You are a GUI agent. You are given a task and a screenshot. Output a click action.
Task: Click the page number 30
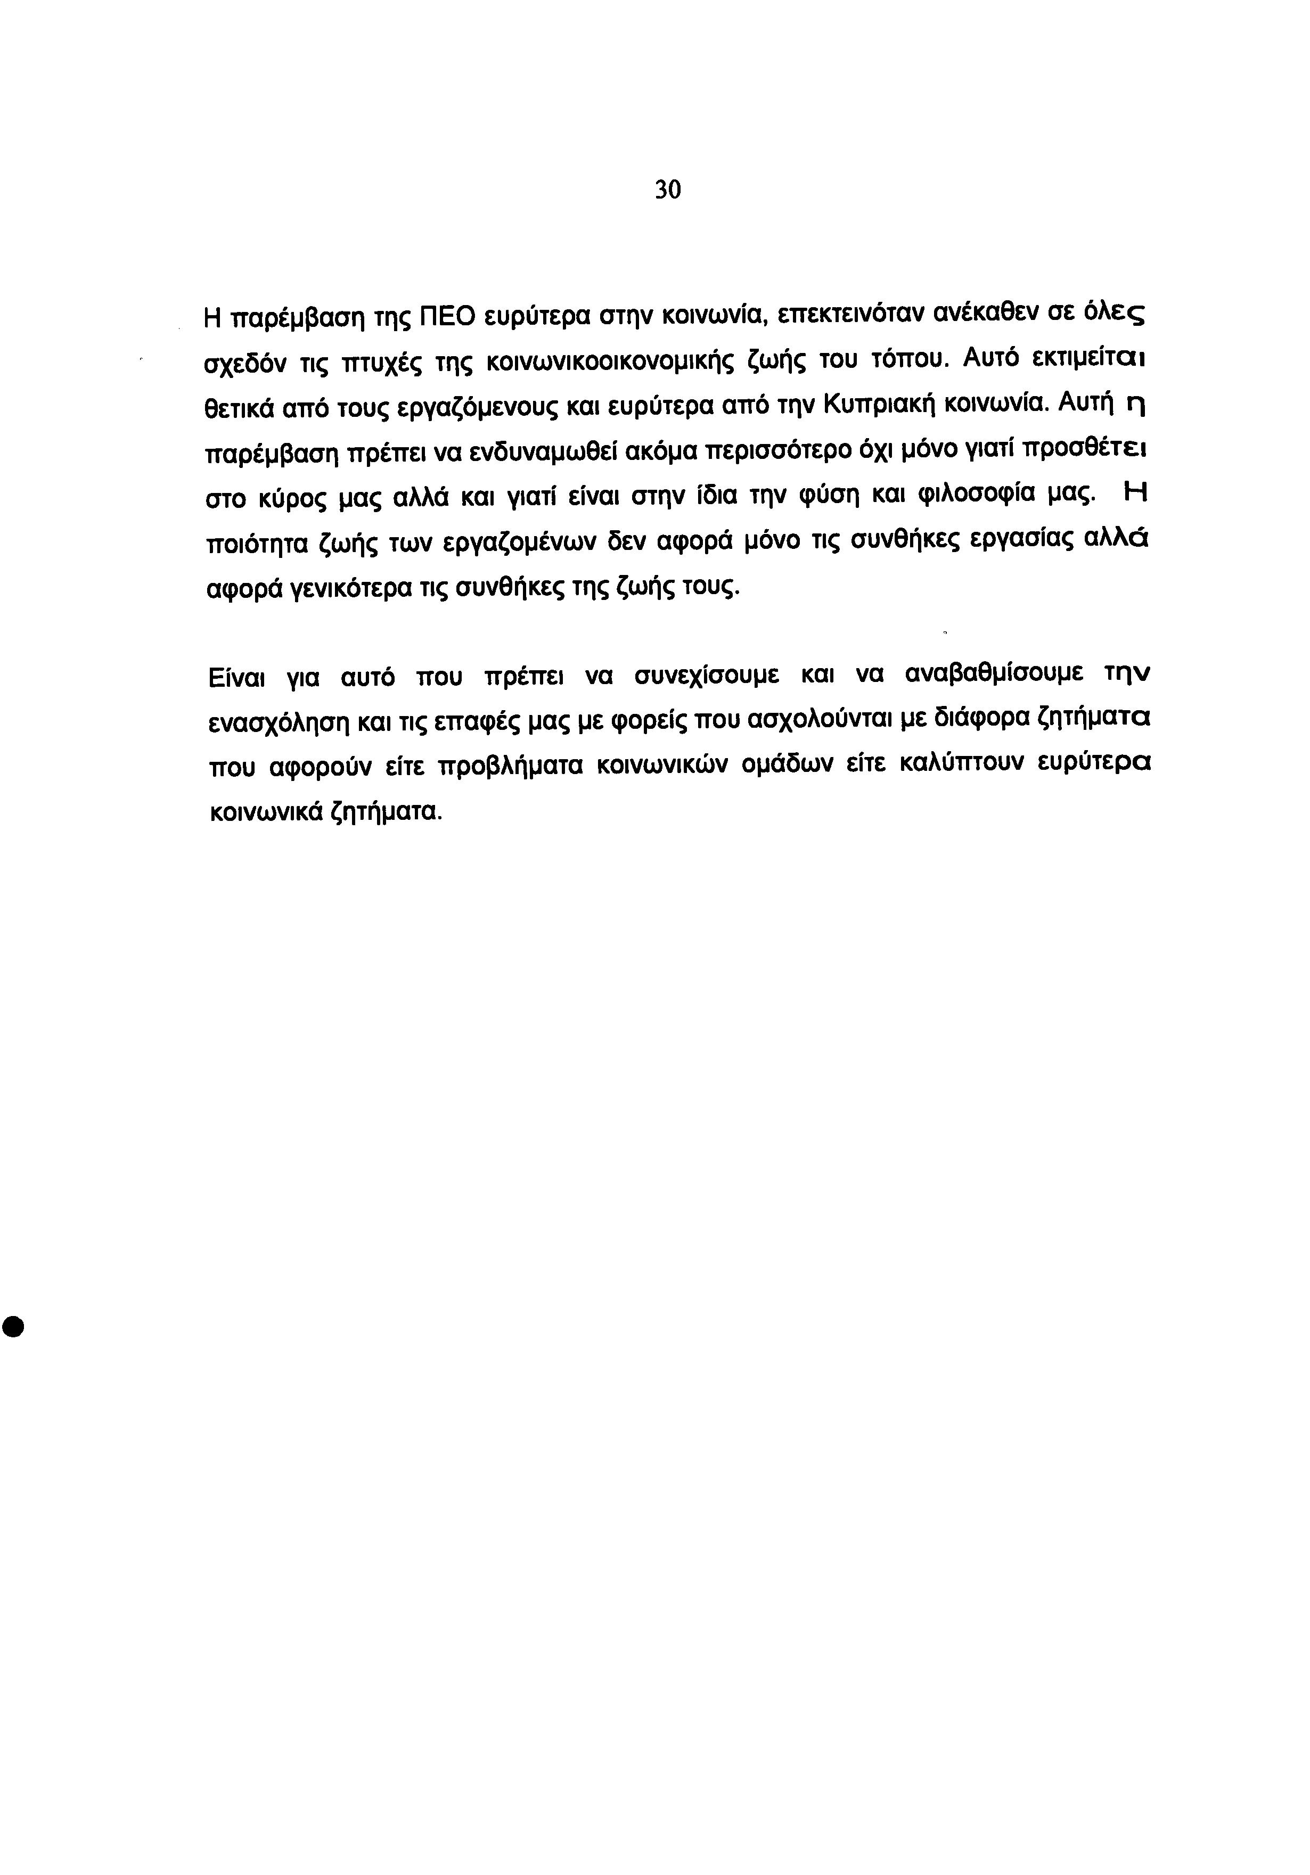point(667,190)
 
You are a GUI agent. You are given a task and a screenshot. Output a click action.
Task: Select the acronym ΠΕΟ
point(446,315)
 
